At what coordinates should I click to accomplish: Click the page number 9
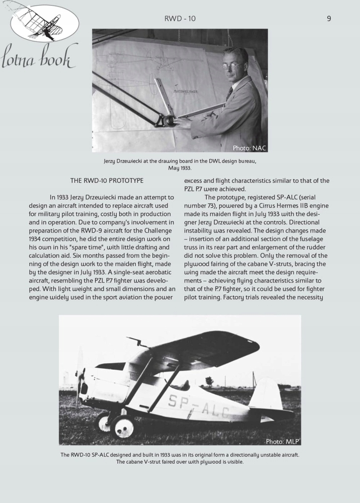tap(329, 19)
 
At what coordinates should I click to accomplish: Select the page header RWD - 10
tap(180, 19)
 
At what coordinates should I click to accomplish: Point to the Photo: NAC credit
tap(249, 148)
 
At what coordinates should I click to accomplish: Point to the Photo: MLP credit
tap(282, 442)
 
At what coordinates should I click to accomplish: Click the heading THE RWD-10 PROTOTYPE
tap(107, 180)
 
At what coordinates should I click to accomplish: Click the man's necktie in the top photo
tap(230, 94)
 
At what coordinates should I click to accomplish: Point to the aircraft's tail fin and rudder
tap(266, 395)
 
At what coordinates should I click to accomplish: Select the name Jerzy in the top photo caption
tap(112, 161)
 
